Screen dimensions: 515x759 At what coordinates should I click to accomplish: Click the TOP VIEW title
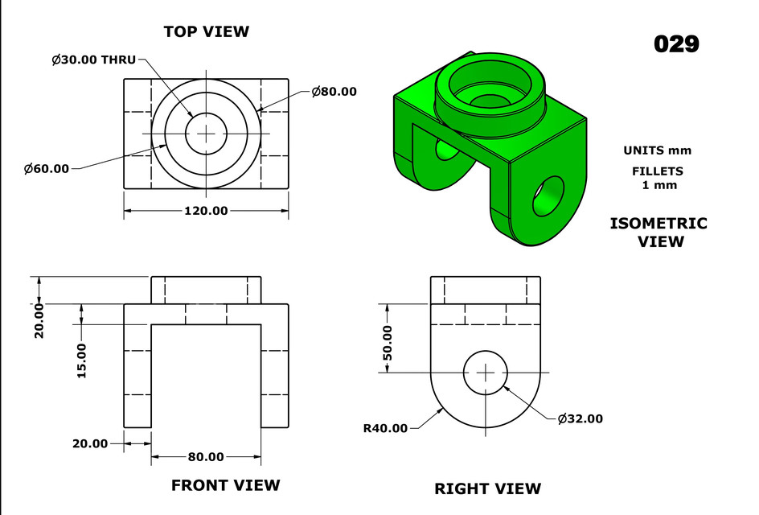[x=206, y=32]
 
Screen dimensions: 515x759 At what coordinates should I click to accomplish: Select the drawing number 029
[x=675, y=43]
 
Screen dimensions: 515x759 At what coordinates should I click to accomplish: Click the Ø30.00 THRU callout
[x=93, y=60]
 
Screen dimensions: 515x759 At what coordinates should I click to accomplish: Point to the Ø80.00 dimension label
[x=334, y=92]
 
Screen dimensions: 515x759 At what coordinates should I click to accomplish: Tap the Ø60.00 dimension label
[x=47, y=168]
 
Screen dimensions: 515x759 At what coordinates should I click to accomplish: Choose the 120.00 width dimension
[x=206, y=211]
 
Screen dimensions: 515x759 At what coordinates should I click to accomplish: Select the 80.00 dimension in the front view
[x=206, y=457]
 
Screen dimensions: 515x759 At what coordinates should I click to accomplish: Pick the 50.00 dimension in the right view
[x=388, y=342]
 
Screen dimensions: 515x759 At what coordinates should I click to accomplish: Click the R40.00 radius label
[x=385, y=428]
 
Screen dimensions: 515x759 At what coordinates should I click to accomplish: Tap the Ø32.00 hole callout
[x=580, y=418]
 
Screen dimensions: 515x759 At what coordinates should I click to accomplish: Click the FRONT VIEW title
[x=225, y=485]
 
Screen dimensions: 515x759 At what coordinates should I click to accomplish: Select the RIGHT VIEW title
[x=487, y=488]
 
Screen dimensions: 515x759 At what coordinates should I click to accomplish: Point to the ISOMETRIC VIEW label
[x=658, y=232]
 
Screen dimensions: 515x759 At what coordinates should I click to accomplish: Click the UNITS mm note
[x=657, y=150]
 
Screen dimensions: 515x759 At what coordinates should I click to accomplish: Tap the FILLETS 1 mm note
[x=658, y=178]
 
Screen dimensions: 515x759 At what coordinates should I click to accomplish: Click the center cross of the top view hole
[x=206, y=133]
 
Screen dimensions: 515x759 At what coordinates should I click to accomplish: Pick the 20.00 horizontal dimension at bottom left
[x=90, y=443]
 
